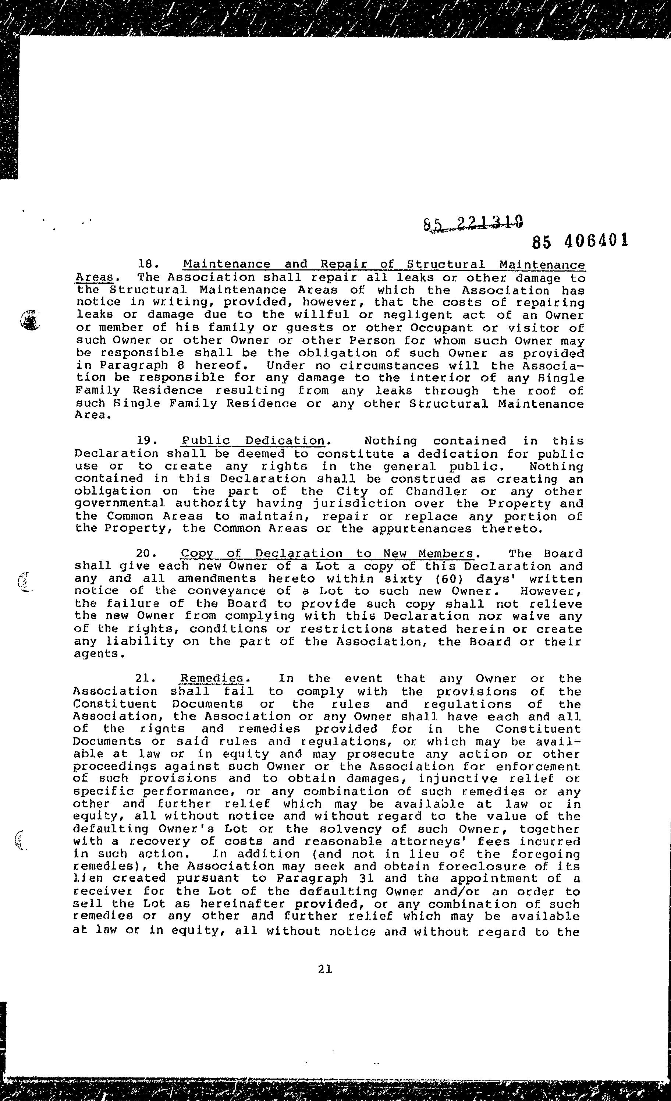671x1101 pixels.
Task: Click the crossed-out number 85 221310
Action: pos(473,223)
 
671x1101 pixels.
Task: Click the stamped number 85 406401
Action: pos(580,241)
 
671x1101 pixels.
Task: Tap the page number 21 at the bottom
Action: pos(325,969)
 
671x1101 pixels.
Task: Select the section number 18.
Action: pos(148,265)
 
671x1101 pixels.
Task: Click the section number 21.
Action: pos(145,678)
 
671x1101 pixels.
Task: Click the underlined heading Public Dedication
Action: pos(253,440)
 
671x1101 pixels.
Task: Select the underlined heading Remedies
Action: pos(211,678)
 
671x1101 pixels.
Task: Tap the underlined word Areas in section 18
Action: pos(94,277)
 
